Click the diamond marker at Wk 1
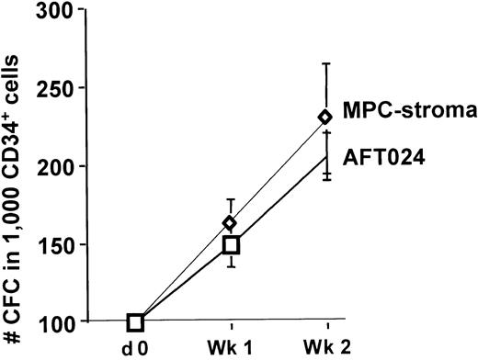tap(230, 223)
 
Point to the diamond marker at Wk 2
tap(327, 117)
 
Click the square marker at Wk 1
tap(230, 244)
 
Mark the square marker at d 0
tap(136, 321)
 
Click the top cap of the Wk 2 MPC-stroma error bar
tap(327, 62)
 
